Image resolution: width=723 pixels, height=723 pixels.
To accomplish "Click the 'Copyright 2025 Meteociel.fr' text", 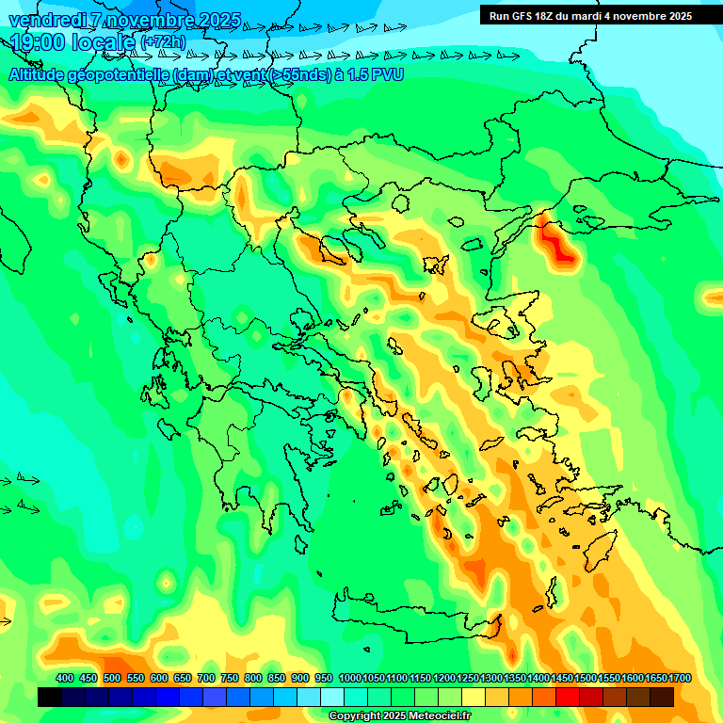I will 399,716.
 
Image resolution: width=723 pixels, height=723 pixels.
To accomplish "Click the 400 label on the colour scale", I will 65,679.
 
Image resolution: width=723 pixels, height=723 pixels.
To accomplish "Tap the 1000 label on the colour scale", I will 349,679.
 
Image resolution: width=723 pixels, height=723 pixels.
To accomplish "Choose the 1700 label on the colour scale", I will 656,679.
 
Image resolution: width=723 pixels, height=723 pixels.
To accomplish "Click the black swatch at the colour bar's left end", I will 50,697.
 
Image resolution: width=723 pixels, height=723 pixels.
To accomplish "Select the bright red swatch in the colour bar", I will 568,697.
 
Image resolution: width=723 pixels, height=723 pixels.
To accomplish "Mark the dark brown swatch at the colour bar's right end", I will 662,697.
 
